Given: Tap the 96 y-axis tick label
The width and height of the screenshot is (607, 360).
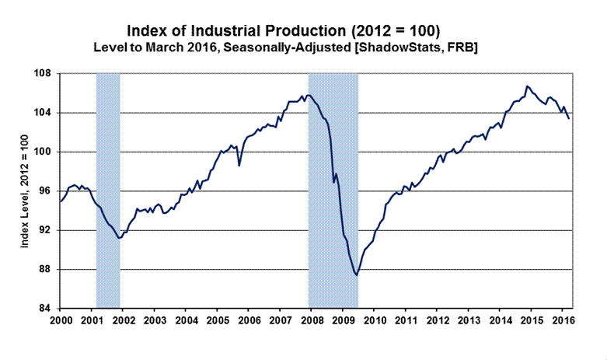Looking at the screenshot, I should (x=44, y=191).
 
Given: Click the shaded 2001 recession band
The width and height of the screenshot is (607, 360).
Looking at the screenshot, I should (x=107, y=190).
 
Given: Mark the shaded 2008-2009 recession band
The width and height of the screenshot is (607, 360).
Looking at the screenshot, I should (x=333, y=190).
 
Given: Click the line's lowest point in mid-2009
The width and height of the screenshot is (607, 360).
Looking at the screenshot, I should (x=356, y=274).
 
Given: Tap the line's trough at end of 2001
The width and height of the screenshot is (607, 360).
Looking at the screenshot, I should (x=119, y=238).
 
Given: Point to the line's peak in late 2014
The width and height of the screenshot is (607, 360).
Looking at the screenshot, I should (x=527, y=86).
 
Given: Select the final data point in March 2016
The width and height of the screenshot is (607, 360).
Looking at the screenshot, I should (x=569, y=118).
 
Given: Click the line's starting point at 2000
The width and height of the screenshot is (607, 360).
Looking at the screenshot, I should (x=61, y=202).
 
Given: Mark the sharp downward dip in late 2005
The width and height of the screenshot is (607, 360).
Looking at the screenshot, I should (x=239, y=165).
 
